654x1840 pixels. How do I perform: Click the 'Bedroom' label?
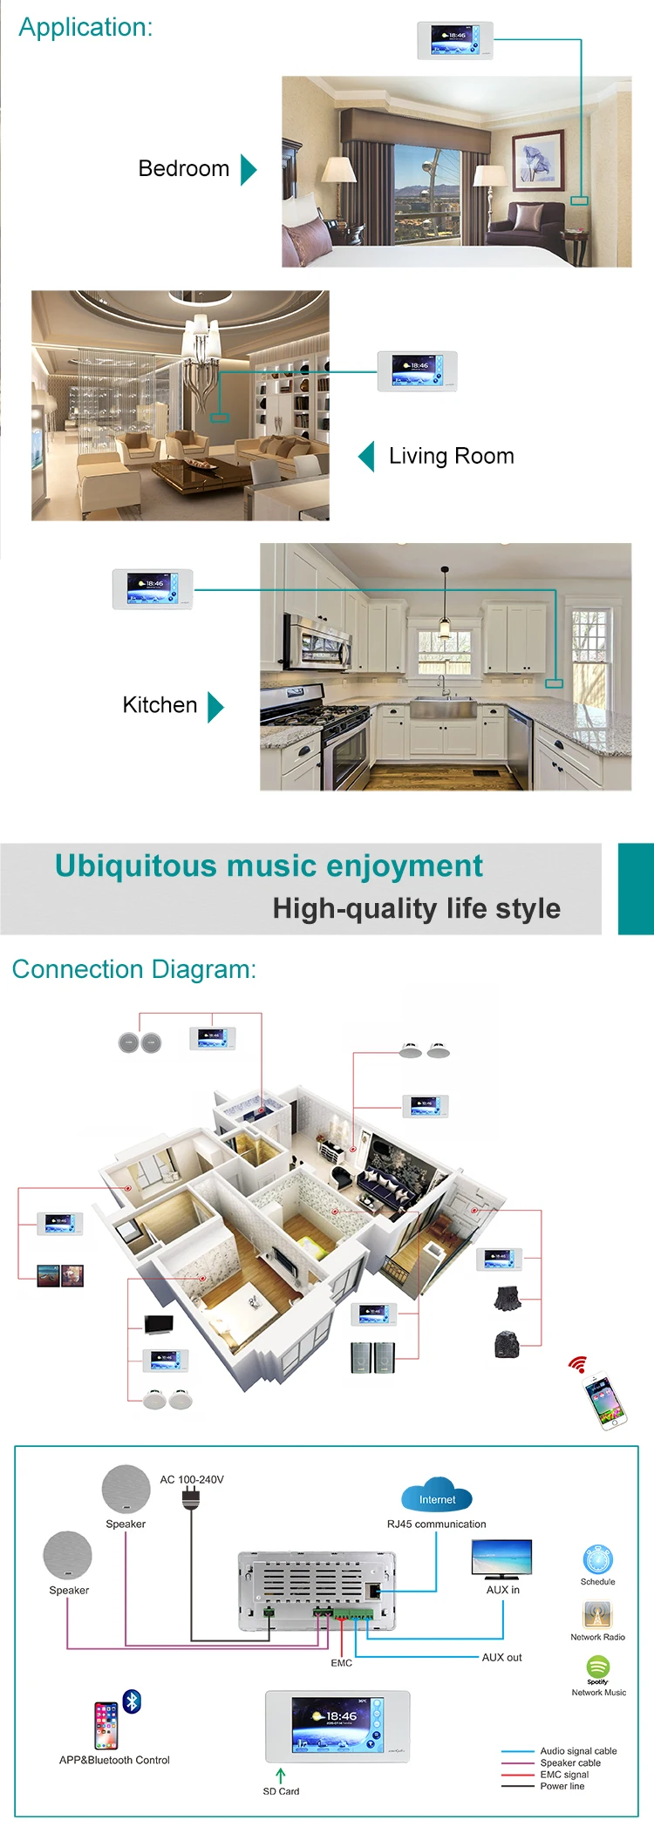[184, 168]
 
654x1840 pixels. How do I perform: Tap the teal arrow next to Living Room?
[367, 456]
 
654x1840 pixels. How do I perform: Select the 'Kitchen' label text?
[160, 704]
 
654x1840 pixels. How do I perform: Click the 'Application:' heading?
[85, 27]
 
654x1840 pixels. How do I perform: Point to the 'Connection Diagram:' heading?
[134, 969]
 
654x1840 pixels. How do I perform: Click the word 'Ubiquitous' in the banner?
[135, 866]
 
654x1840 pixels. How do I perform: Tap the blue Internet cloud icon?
[437, 1495]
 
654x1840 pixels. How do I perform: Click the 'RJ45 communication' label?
[437, 1524]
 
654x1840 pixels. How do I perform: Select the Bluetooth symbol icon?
[133, 1701]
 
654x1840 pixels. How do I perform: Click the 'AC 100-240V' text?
[192, 1479]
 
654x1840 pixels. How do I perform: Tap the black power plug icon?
[192, 1499]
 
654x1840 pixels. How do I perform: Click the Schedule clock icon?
[598, 1559]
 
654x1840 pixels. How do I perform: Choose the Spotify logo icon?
[598, 1667]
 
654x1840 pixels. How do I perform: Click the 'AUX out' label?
[502, 1657]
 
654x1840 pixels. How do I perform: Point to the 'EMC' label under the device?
[342, 1662]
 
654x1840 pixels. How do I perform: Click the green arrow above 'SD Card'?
[281, 1775]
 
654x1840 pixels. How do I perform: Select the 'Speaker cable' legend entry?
[570, 1762]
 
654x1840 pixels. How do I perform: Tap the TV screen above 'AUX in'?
[501, 1557]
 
